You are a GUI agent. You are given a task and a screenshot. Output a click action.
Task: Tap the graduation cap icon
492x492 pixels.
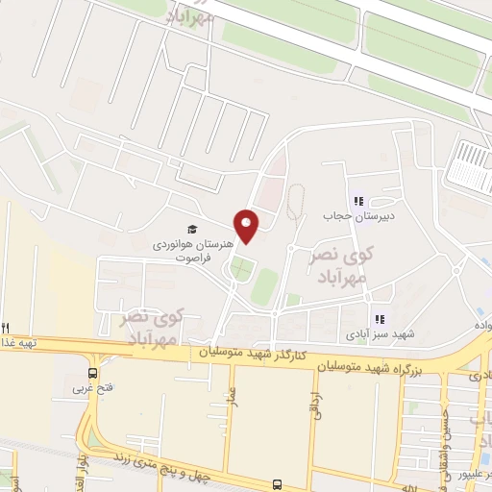tap(192, 230)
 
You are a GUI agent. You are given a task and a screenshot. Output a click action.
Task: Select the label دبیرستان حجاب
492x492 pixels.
tap(357, 217)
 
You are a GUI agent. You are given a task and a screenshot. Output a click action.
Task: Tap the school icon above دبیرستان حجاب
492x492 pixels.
tap(357, 201)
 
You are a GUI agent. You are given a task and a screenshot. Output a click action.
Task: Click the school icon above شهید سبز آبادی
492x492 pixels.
tap(379, 319)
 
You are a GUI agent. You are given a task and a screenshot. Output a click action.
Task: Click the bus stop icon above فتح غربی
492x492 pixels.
tap(93, 373)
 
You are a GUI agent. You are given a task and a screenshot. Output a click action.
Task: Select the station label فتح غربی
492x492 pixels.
tap(92, 389)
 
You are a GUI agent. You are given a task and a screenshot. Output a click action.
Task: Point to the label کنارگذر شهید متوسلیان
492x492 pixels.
tap(252, 355)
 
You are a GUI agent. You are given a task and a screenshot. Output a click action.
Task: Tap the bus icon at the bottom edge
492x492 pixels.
tap(277, 485)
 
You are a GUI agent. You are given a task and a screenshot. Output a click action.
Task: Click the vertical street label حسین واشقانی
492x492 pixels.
tap(451, 424)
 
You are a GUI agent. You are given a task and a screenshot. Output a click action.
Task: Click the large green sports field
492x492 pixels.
tap(265, 285)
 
